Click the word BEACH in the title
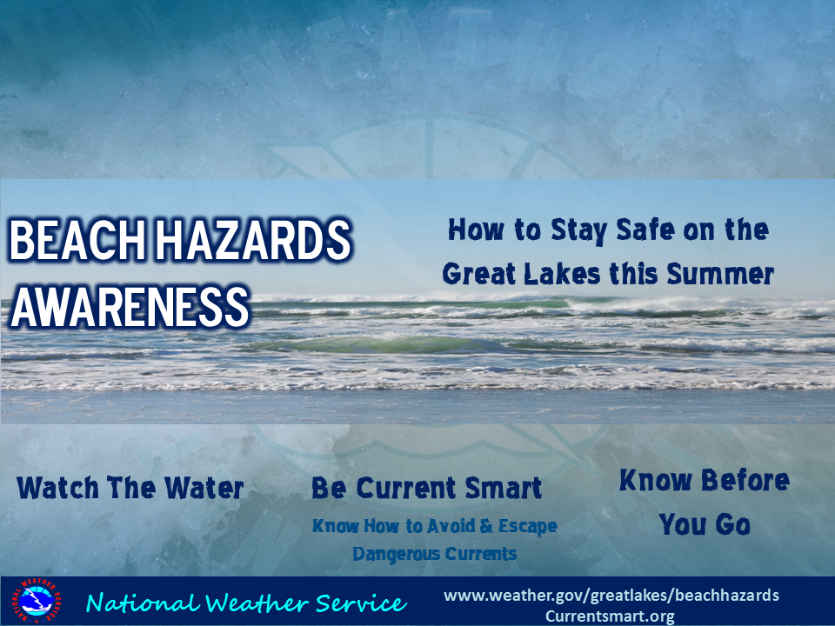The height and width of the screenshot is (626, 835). point(77,241)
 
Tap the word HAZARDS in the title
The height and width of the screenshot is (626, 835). point(253,241)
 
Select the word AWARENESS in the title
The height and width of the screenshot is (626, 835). point(130,307)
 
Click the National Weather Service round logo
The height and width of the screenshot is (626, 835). point(35,602)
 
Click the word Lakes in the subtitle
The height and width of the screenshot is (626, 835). point(563,274)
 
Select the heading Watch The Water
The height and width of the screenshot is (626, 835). point(130,488)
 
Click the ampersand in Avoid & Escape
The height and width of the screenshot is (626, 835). point(486,526)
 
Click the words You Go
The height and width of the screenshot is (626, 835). point(705,524)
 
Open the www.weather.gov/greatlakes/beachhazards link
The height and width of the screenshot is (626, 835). point(611,596)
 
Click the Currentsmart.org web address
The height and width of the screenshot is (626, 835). point(610,616)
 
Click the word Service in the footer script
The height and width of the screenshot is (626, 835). point(361,603)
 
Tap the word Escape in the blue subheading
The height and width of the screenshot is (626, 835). point(528,527)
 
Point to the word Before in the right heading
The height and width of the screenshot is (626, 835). point(745,480)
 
